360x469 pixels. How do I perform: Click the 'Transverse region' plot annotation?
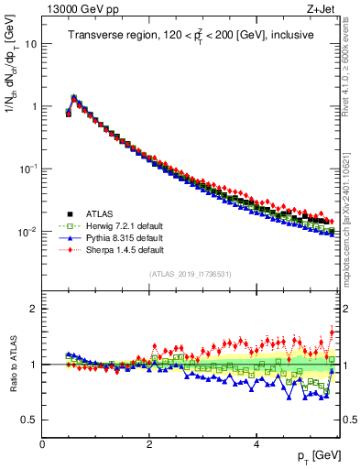191,36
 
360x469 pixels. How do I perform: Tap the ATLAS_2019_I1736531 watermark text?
191,274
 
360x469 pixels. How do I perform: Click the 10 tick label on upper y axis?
30,44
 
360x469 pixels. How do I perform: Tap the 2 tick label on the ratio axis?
33,309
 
